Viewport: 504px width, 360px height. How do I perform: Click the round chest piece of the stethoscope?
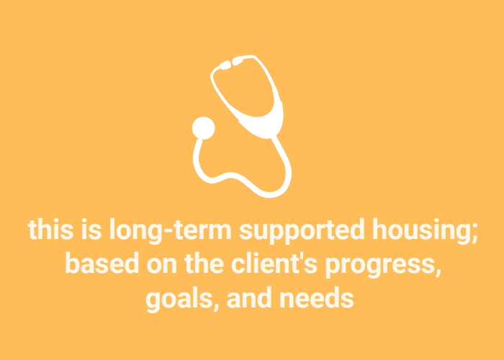click(204, 128)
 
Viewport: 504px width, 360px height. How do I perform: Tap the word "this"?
click(51, 229)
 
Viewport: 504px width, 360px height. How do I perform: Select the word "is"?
click(91, 229)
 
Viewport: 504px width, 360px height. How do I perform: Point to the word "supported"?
click(302, 231)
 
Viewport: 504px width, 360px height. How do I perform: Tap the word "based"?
click(102, 264)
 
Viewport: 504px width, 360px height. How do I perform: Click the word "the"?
click(204, 264)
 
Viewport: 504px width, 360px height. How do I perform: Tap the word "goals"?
click(179, 299)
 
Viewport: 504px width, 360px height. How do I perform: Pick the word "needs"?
click(317, 297)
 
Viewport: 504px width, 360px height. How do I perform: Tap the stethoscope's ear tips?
click(232, 63)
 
